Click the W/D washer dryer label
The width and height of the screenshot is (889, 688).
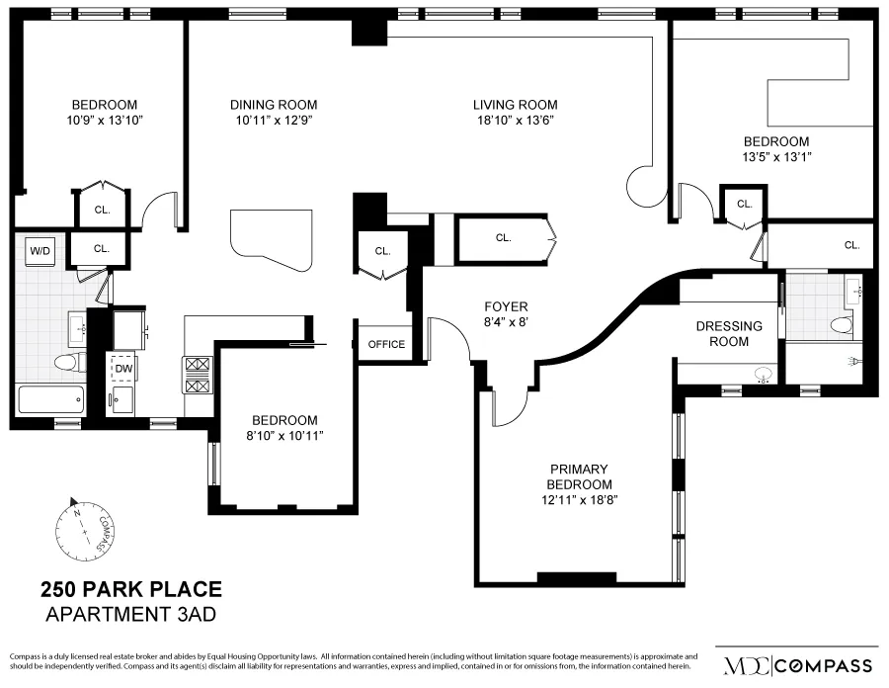(40, 251)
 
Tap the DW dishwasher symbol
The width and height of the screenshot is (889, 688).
(123, 369)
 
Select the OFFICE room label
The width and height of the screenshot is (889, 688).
(386, 344)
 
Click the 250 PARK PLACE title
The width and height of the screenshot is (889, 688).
(131, 591)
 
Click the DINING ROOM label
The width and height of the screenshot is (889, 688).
(274, 105)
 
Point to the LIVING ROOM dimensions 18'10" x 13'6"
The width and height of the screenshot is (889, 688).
(515, 122)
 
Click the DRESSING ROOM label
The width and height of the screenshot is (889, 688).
(729, 333)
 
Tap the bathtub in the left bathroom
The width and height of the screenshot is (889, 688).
(51, 400)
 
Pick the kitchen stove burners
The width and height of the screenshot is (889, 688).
(196, 375)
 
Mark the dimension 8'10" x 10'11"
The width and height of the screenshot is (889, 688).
(283, 435)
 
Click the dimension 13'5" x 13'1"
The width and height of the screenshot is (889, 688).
(775, 156)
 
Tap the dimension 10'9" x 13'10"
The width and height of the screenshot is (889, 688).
(104, 121)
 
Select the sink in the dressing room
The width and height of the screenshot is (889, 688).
(762, 375)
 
